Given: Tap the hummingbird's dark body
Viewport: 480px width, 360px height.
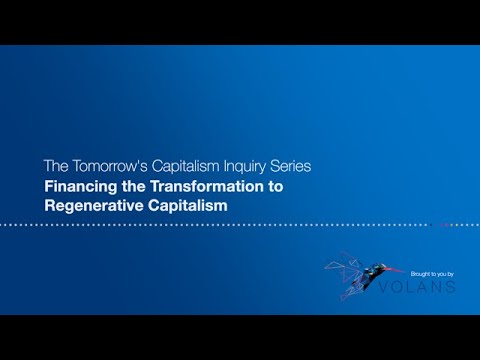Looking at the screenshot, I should pos(372,270).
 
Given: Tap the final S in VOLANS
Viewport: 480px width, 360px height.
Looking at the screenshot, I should pos(451,287).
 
